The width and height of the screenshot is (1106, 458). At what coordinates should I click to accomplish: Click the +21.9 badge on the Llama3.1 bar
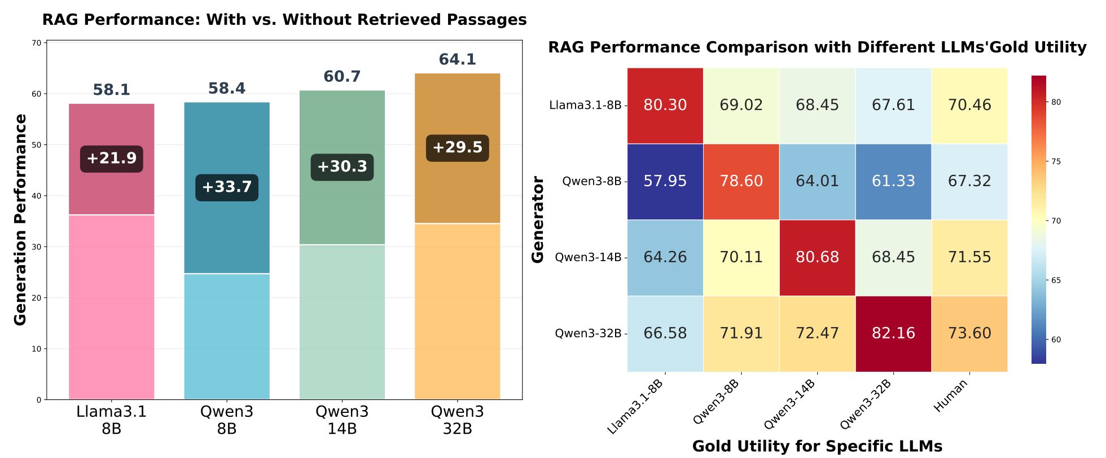(x=112, y=158)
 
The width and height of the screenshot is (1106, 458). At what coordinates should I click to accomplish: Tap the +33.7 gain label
(x=227, y=187)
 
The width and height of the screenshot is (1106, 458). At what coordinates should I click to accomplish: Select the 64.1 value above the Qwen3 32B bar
(x=457, y=59)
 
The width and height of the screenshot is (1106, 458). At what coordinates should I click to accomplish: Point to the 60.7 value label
(x=342, y=76)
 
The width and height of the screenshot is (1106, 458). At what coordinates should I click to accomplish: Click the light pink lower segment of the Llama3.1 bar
(x=112, y=307)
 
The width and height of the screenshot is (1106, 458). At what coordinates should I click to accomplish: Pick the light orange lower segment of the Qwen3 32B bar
(x=457, y=311)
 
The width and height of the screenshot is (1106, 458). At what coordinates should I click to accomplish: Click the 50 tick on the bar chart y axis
(x=37, y=145)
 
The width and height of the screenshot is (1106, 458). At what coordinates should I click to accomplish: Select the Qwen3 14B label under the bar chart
(x=342, y=420)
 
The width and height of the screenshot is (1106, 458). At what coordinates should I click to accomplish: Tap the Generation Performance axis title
(x=20, y=220)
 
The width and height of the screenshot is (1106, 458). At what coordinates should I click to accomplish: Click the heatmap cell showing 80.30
(x=665, y=105)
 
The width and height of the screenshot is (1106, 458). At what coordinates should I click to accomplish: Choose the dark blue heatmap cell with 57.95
(x=665, y=182)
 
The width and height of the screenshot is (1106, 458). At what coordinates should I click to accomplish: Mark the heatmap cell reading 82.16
(x=893, y=333)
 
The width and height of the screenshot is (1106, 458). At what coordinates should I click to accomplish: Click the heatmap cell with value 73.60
(x=969, y=333)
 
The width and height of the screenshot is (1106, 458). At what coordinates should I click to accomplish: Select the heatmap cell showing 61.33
(x=893, y=182)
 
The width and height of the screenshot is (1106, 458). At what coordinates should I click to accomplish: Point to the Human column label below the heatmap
(x=951, y=395)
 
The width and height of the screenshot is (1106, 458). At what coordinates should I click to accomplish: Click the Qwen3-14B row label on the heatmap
(x=588, y=258)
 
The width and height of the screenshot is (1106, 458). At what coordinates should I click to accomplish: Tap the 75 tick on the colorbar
(x=1056, y=162)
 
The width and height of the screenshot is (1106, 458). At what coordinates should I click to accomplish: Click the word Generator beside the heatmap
(x=538, y=220)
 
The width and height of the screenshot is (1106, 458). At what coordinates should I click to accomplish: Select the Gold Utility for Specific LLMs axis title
(x=817, y=447)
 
